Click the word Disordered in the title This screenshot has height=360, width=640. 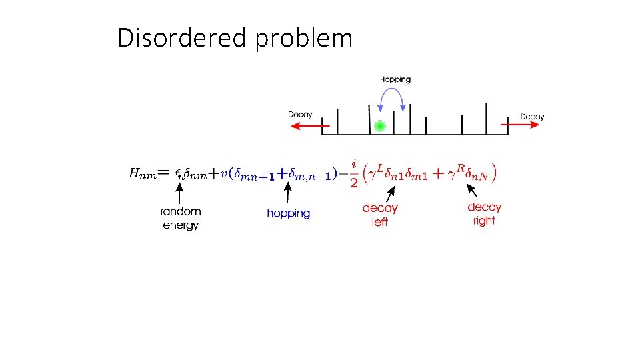pyautogui.click(x=183, y=38)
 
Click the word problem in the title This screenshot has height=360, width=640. pyautogui.click(x=303, y=39)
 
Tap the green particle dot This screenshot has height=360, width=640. pyautogui.click(x=380, y=125)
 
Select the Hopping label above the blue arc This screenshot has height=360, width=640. pyautogui.click(x=395, y=79)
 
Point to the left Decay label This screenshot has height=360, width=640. pyautogui.click(x=300, y=115)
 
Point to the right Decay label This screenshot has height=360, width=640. pyautogui.click(x=532, y=117)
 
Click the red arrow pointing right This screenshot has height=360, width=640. pyautogui.click(x=521, y=125)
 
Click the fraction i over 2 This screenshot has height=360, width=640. pyautogui.click(x=354, y=173)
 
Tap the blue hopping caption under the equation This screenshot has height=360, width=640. pyautogui.click(x=289, y=213)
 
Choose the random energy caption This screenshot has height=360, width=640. pyautogui.click(x=180, y=219)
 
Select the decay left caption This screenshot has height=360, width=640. pyautogui.click(x=380, y=215)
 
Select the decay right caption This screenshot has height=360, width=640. pyautogui.click(x=485, y=214)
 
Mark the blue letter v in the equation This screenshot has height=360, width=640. pyautogui.click(x=223, y=174)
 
